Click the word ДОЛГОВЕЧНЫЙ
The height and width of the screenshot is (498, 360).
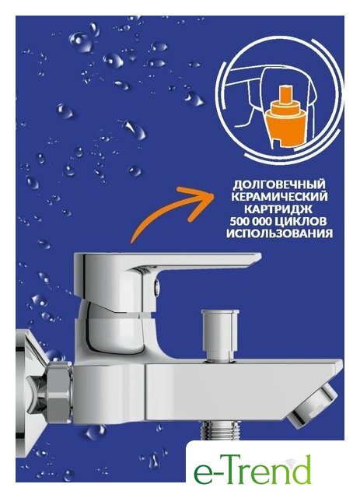pyautogui.click(x=279, y=184)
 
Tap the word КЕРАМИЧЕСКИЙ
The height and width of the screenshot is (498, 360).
pyautogui.click(x=279, y=197)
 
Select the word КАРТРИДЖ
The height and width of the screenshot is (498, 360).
pyautogui.click(x=278, y=209)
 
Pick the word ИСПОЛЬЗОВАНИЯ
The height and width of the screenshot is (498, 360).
pyautogui.click(x=279, y=233)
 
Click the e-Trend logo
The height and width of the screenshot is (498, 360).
pyautogui.click(x=253, y=469)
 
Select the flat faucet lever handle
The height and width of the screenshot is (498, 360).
pyautogui.click(x=167, y=263)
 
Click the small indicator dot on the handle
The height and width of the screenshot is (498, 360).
pyautogui.click(x=156, y=286)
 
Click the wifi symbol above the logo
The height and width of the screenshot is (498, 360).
pyautogui.click(x=289, y=462)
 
